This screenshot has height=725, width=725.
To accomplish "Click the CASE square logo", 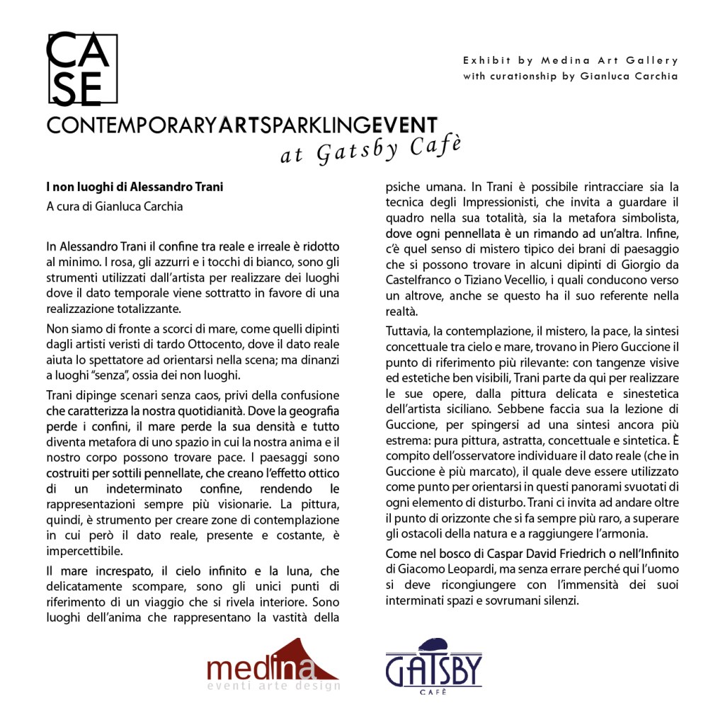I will coord(81,69).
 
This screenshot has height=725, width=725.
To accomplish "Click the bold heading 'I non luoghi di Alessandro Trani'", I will coord(135,188).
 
